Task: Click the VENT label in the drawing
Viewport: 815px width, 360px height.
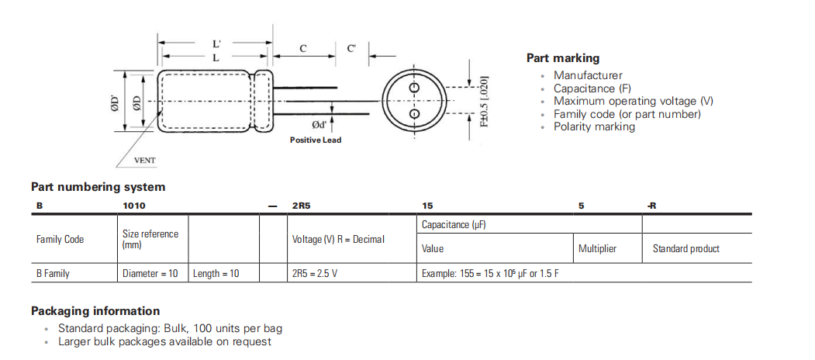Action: coord(145,161)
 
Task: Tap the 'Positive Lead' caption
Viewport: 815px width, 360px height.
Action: coord(316,140)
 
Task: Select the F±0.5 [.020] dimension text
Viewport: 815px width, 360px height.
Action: coord(484,101)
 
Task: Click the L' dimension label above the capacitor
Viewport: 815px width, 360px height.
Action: coord(216,45)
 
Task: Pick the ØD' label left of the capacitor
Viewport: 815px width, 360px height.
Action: coord(116,103)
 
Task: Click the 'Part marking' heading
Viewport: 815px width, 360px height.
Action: coord(563,58)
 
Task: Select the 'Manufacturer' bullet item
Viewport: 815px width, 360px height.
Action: coord(588,75)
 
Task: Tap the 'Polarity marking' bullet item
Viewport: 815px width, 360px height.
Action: coord(594,126)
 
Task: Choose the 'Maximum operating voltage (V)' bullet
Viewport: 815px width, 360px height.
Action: coord(634,101)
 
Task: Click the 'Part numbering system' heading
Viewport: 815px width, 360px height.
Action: coord(98,187)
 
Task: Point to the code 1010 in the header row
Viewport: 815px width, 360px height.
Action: coord(134,206)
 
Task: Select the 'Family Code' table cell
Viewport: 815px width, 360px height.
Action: coord(60,239)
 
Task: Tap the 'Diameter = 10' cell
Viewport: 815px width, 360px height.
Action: coord(150,274)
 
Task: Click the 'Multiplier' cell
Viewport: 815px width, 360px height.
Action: coord(597,249)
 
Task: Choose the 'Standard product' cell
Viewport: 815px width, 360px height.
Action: coord(685,249)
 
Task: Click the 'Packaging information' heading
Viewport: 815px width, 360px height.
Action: coord(95,311)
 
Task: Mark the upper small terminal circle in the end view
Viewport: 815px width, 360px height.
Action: coord(414,88)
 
